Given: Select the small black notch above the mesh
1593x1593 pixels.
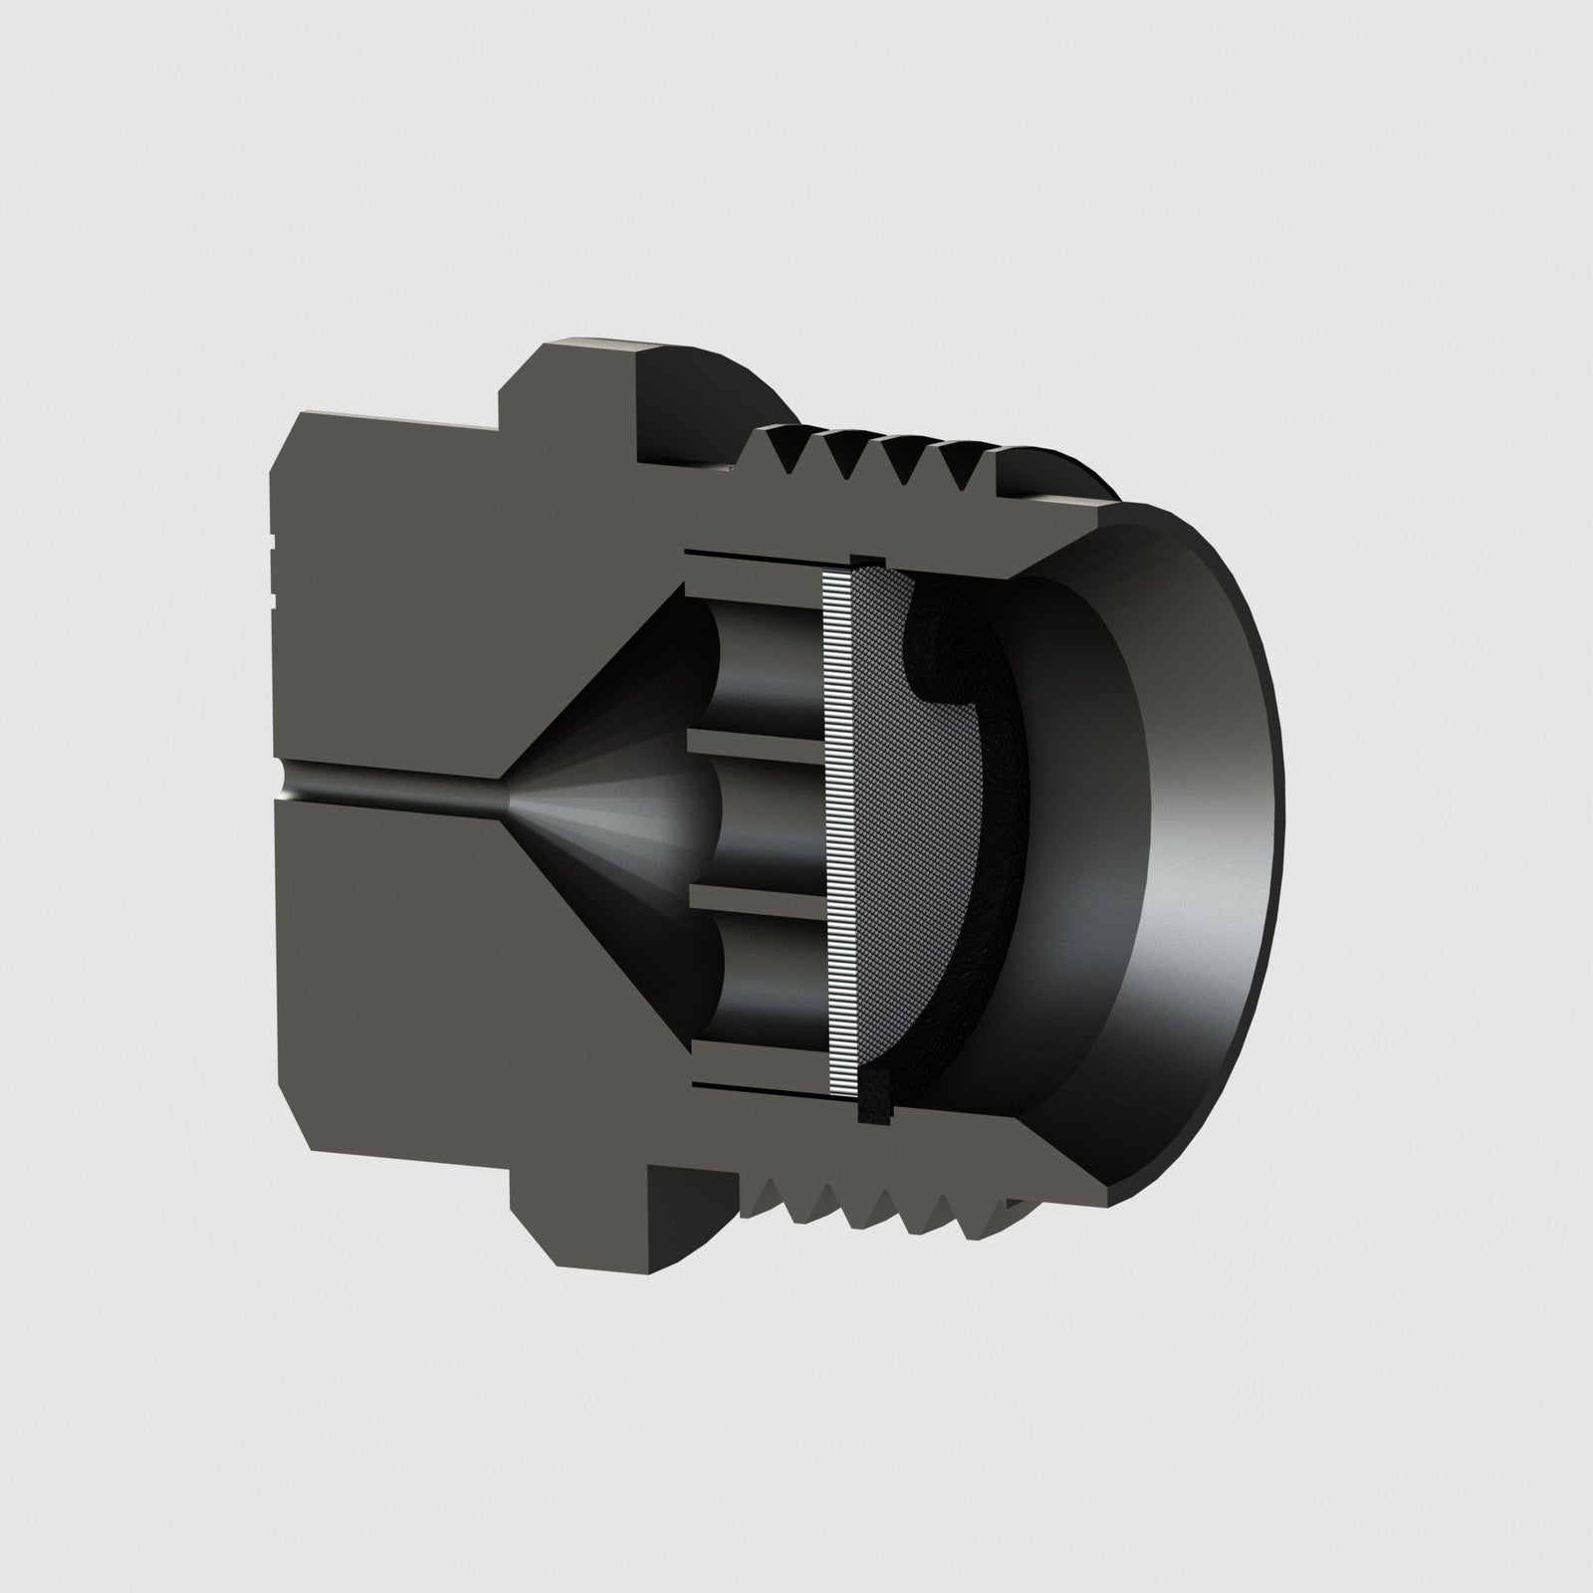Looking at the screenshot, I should (865, 561).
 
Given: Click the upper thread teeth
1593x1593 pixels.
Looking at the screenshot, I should (876, 458).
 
